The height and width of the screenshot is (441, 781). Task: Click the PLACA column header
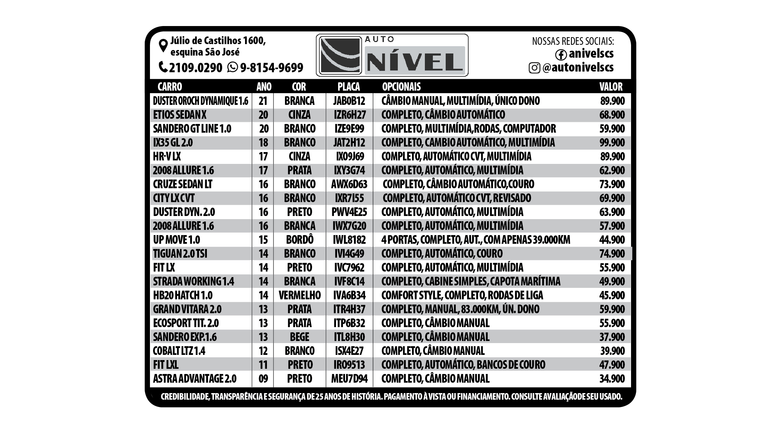pyautogui.click(x=348, y=86)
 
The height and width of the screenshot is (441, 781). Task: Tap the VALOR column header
pyautogui.click(x=611, y=86)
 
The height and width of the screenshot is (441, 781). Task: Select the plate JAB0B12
pyautogui.click(x=349, y=101)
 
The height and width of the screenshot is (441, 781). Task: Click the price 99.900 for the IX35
pyautogui.click(x=612, y=143)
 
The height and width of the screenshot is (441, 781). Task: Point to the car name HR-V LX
pyautogui.click(x=167, y=157)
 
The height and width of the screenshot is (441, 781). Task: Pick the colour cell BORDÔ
pyautogui.click(x=300, y=240)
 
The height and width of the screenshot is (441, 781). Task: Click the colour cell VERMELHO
pyautogui.click(x=300, y=296)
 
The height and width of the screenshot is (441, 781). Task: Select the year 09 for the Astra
pyautogui.click(x=263, y=379)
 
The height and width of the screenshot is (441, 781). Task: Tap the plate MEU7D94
pyautogui.click(x=349, y=379)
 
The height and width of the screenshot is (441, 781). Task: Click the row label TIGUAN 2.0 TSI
pyautogui.click(x=180, y=254)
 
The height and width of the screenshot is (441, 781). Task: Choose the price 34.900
pyautogui.click(x=612, y=379)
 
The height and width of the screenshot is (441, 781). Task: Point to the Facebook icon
pyautogui.click(x=561, y=55)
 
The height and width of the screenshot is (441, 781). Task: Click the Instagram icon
pyautogui.click(x=534, y=68)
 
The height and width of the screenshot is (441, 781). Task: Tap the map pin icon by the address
pyautogui.click(x=163, y=46)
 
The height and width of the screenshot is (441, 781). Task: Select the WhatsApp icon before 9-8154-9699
pyautogui.click(x=232, y=67)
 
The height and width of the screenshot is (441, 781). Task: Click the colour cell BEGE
pyautogui.click(x=300, y=337)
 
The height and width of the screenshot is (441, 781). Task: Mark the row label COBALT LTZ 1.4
pyautogui.click(x=179, y=351)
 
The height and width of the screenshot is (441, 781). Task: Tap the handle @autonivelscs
pyautogui.click(x=578, y=67)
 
